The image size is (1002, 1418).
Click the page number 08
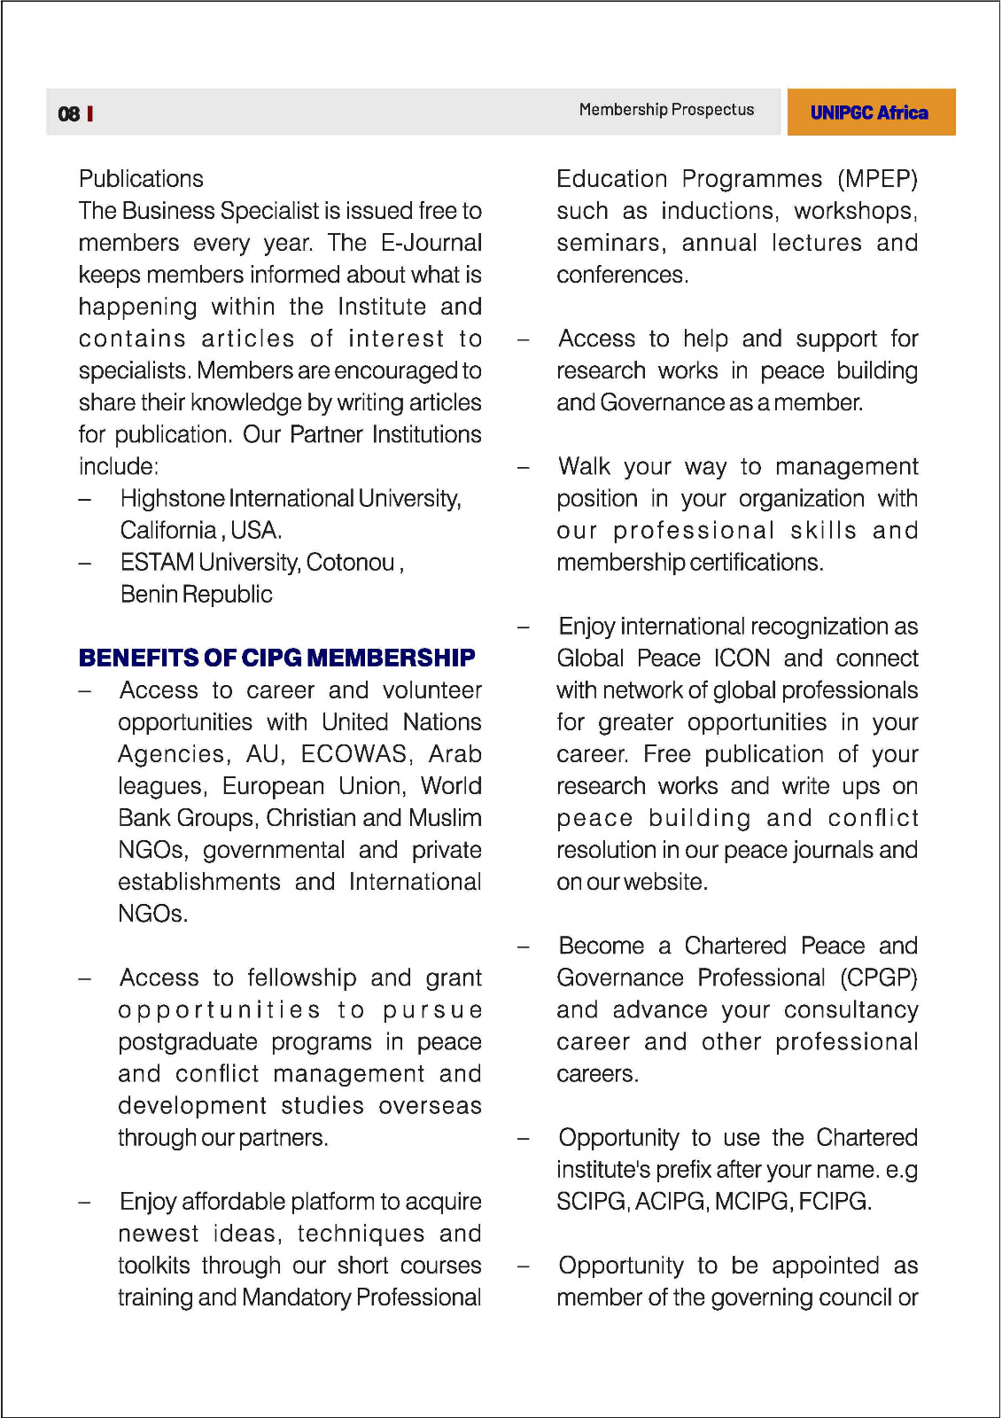[x=68, y=113]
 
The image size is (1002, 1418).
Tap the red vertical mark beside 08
[x=90, y=113]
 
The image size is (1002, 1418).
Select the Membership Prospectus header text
[x=666, y=110]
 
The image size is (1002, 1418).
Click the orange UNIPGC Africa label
[x=869, y=113]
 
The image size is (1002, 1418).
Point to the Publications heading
[x=141, y=179]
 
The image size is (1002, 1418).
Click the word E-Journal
[x=431, y=243]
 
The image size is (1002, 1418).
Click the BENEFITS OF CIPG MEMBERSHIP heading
[x=276, y=658]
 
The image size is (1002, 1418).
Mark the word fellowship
[x=302, y=978]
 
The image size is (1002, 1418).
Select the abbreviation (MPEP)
[x=877, y=179]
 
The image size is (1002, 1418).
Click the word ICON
[x=742, y=658]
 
